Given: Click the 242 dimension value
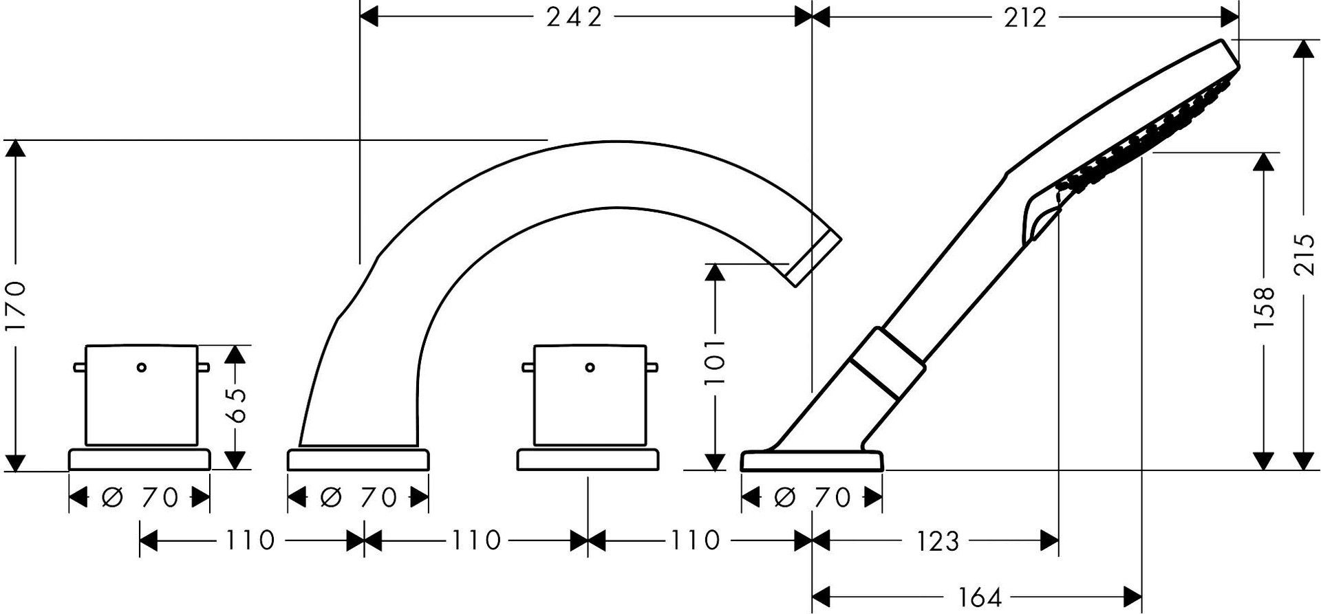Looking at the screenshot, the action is coord(574,17).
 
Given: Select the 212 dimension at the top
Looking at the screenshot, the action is coord(1025,17).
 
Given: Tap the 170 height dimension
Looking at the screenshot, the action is coord(16,305).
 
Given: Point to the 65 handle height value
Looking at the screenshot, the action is coord(235,406).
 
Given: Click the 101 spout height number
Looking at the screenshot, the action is coord(716,362).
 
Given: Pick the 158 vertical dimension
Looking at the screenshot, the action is coord(1265,307).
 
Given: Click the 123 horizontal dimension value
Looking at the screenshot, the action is coord(938,541).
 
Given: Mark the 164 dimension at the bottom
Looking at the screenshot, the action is coord(980,597).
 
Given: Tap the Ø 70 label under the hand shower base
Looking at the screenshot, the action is coord(813,497).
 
